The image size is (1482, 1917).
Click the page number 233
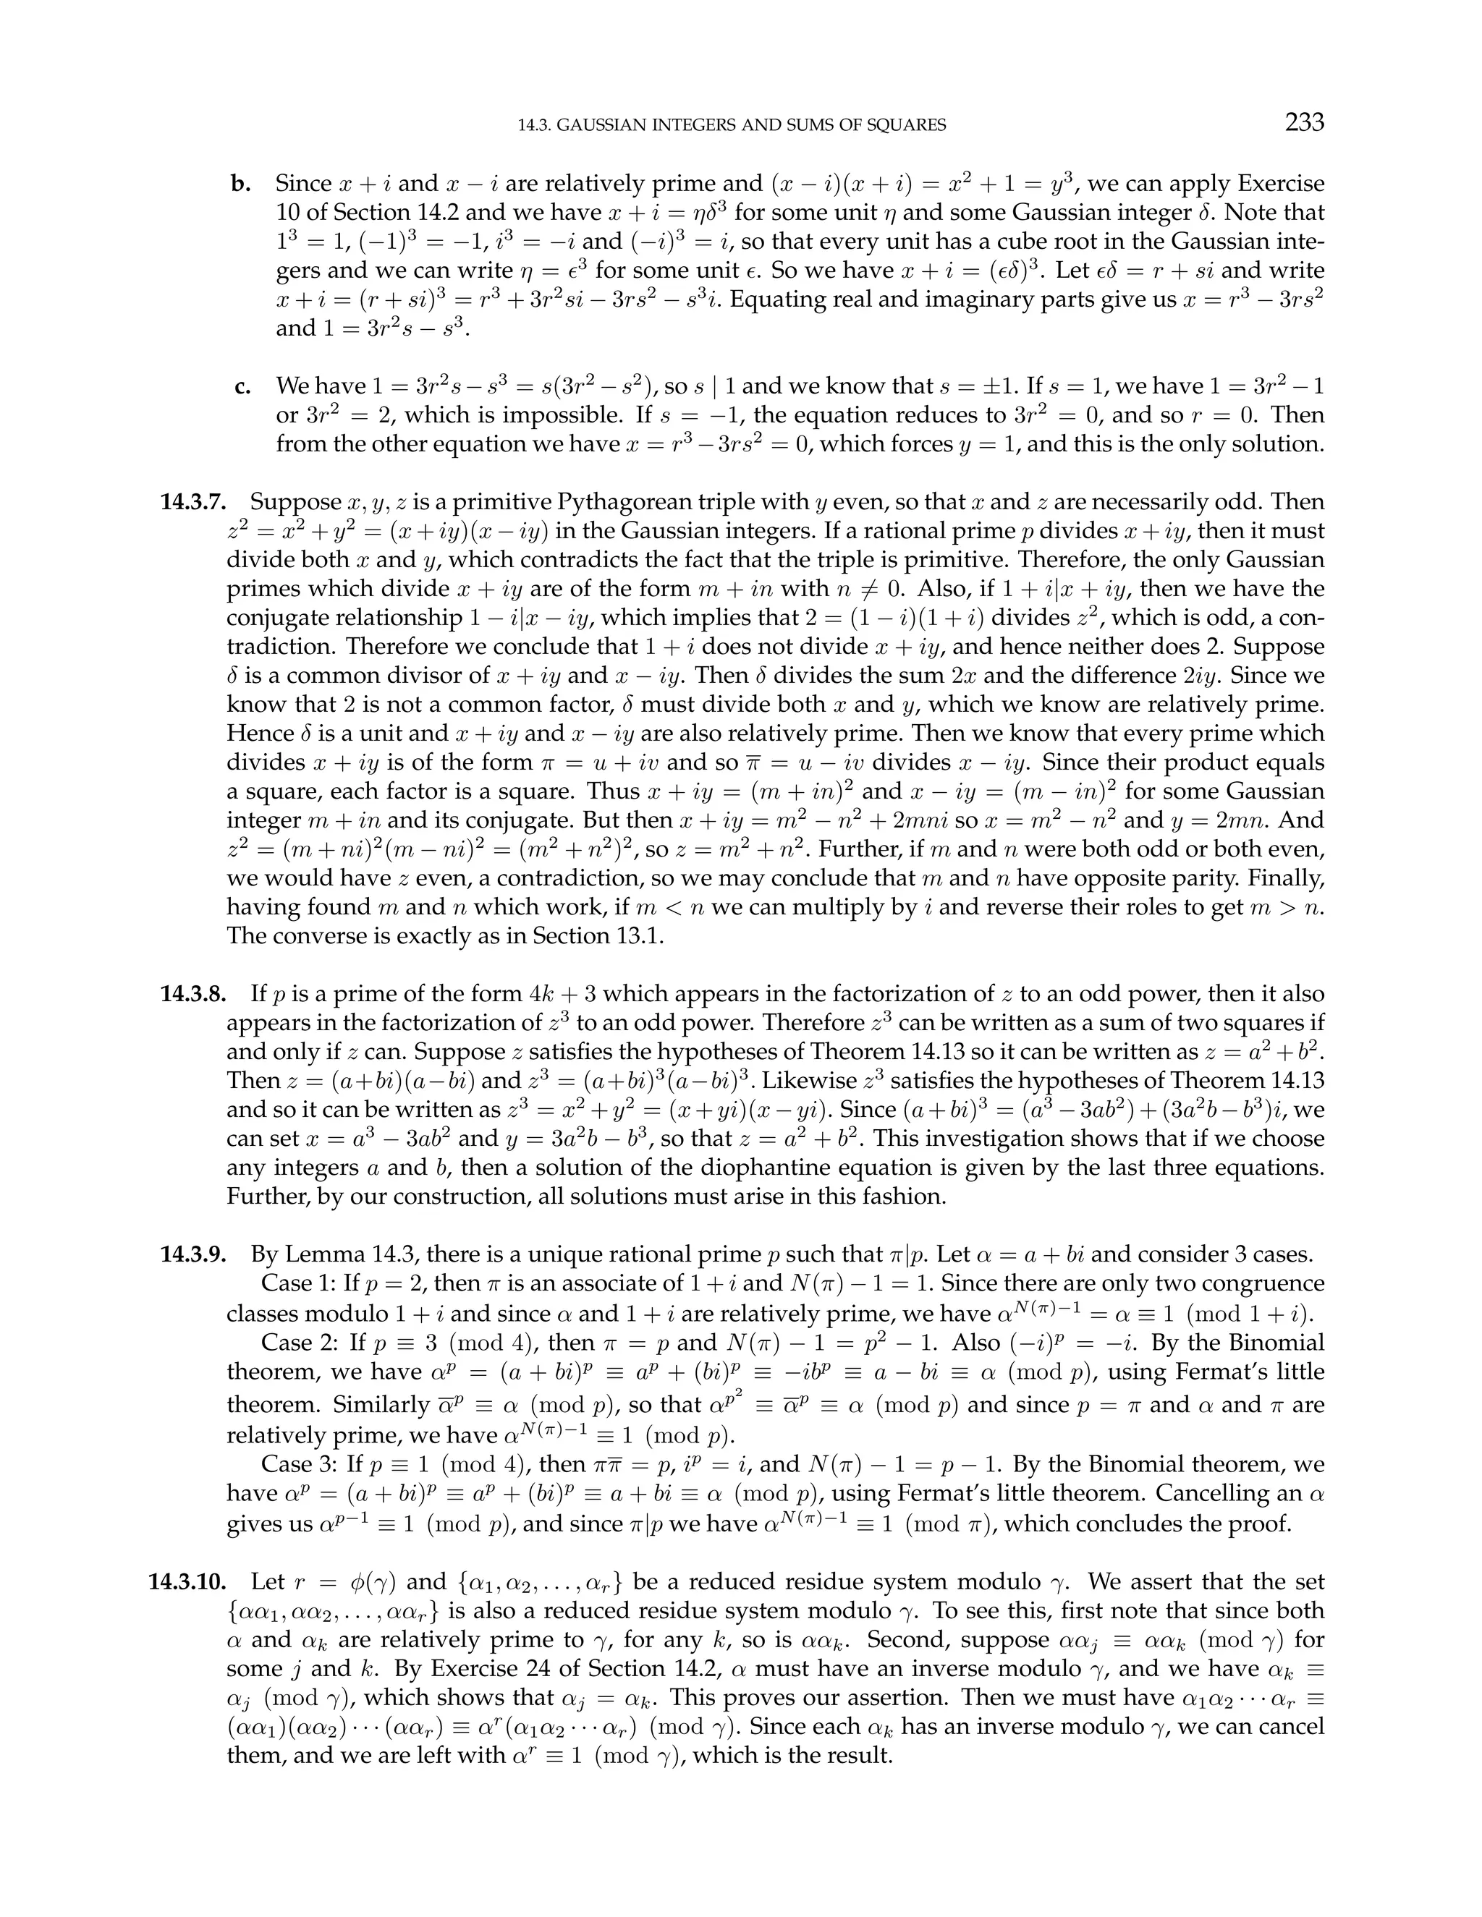pyautogui.click(x=1304, y=122)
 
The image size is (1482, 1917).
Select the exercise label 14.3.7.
pyautogui.click(x=193, y=502)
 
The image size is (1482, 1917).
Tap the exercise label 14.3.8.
pyautogui.click(x=193, y=994)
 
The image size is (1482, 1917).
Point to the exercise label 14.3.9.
pyautogui.click(x=193, y=1254)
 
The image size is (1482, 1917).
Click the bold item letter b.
pyautogui.click(x=240, y=184)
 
